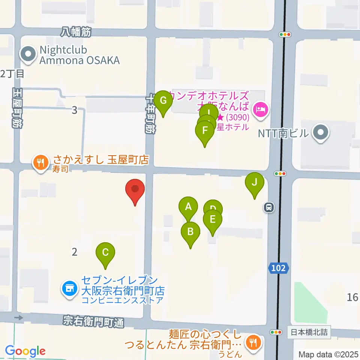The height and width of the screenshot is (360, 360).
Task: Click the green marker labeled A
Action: pyautogui.click(x=188, y=207)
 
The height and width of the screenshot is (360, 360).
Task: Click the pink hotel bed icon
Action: pyautogui.click(x=260, y=109)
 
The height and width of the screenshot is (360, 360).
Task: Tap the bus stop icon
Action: pyautogui.click(x=268, y=207)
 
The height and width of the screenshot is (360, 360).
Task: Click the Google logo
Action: pyautogui.click(x=25, y=351)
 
